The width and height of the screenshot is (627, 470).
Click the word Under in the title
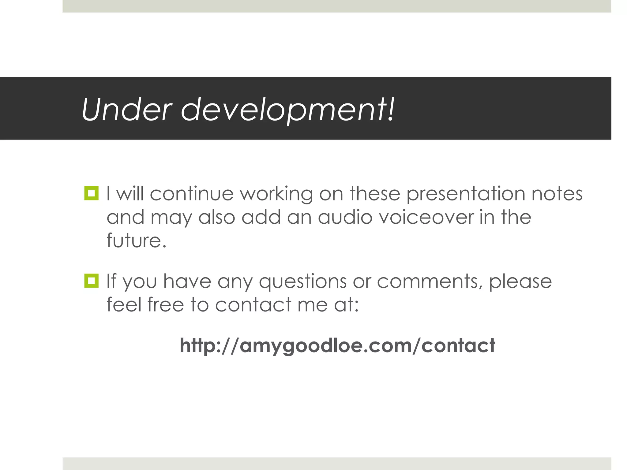pos(127,110)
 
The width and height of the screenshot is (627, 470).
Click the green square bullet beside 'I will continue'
pos(91,193)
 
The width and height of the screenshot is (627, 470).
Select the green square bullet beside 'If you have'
pos(91,281)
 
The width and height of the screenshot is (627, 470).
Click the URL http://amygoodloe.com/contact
pos(337,345)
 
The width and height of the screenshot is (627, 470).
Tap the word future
pos(136,240)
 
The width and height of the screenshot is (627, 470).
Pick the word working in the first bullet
pos(276,194)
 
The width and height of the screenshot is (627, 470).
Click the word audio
pos(345,217)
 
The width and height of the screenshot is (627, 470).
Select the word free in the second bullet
pos(165,305)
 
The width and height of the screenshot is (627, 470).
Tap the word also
pos(217,217)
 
